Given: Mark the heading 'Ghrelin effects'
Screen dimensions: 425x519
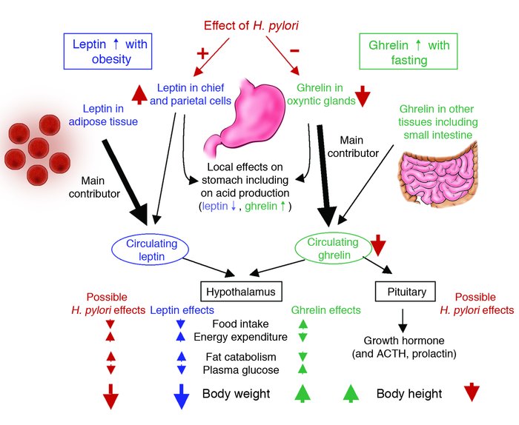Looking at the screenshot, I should point(326,309).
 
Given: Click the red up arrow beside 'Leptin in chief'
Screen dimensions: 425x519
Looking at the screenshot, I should point(138,95).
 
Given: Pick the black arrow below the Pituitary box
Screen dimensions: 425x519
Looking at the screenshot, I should point(403,318).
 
